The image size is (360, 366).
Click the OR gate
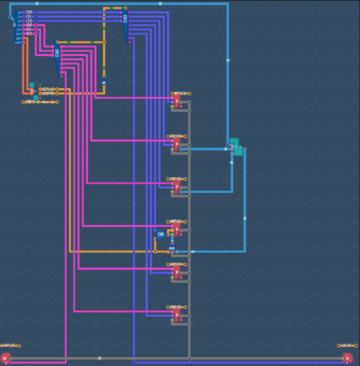pyautogui.click(x=161, y=235)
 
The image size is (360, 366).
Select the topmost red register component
pyautogui.click(x=176, y=102)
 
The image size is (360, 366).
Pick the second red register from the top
pyautogui.click(x=176, y=145)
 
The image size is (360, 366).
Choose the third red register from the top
pyautogui.click(x=176, y=187)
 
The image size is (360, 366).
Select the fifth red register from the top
pyautogui.click(x=176, y=272)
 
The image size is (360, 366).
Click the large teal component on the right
pyautogui.click(x=236, y=147)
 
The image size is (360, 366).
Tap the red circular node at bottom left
pyautogui.click(x=5, y=358)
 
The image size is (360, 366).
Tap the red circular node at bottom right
pyautogui.click(x=346, y=358)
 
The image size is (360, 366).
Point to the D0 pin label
pyautogui.click(x=29, y=12)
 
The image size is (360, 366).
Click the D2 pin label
pyautogui.click(x=29, y=21)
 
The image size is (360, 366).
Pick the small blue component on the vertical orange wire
pyautogui.click(x=103, y=82)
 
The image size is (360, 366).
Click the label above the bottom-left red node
pyautogui.click(x=10, y=345)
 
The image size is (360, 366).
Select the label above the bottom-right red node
pyautogui.click(x=346, y=345)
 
